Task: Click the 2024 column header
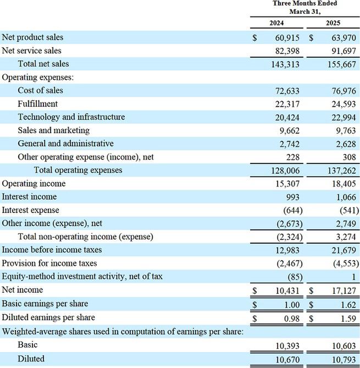pyautogui.click(x=276, y=24)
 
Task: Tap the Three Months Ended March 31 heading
pyautogui.click(x=305, y=7)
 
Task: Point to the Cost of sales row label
pyautogui.click(x=40, y=90)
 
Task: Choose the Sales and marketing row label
pyautogui.click(x=53, y=130)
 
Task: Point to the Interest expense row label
pyautogui.click(x=30, y=210)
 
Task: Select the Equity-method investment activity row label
pyautogui.click(x=82, y=276)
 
